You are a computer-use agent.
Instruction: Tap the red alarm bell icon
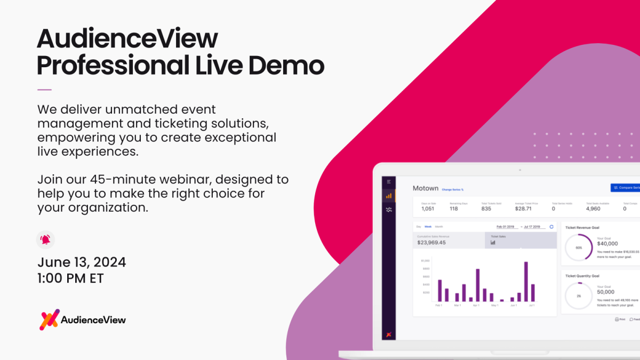coord(45,239)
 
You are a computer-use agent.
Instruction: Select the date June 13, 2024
coord(82,262)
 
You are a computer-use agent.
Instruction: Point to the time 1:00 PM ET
coord(70,278)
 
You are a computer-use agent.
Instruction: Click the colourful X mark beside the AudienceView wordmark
coord(50,319)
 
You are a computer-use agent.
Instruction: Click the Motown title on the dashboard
coord(425,188)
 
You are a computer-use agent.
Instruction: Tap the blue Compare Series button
coord(626,188)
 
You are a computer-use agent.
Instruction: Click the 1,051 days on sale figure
coord(427,209)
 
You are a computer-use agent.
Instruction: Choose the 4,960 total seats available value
coord(593,209)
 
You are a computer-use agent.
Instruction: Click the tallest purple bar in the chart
coord(526,281)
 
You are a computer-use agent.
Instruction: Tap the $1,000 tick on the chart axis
coord(425,260)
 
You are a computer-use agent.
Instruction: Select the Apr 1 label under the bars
coord(476,305)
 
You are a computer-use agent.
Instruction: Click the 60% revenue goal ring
coord(579,247)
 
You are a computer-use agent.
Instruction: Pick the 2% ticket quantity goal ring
coord(579,295)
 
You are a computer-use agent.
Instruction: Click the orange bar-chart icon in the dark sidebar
coord(389,196)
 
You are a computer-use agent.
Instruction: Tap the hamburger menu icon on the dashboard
coord(389,182)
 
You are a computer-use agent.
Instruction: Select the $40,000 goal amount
coord(607,243)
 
